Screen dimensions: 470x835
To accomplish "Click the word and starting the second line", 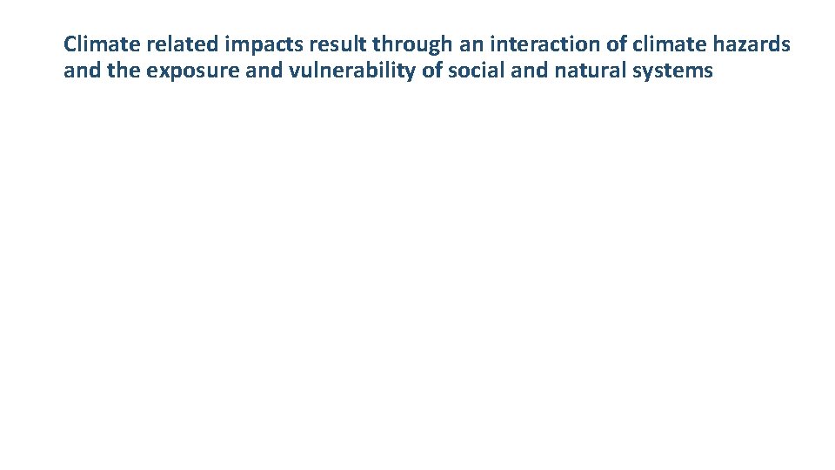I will [x=82, y=70].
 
